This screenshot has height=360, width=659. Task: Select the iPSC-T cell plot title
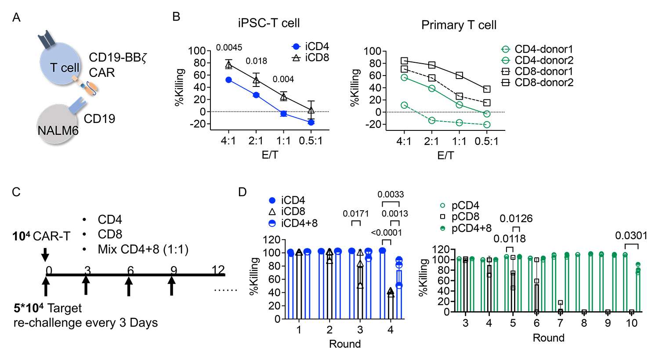point(269,23)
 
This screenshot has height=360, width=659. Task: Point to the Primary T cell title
point(459,25)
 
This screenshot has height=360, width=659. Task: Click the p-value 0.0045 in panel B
point(229,47)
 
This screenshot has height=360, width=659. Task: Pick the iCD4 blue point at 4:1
point(228,79)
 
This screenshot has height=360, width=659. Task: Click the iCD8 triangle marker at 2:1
point(256,80)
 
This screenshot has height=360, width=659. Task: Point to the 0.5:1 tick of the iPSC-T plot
point(311,140)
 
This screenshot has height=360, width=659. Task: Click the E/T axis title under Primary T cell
point(445,155)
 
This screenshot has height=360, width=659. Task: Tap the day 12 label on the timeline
point(218,270)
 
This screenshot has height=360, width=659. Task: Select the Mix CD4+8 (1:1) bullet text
point(143,249)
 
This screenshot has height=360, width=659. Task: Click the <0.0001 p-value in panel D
point(386,233)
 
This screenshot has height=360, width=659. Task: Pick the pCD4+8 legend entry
point(471,228)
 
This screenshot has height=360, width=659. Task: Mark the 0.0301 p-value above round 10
point(631,236)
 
